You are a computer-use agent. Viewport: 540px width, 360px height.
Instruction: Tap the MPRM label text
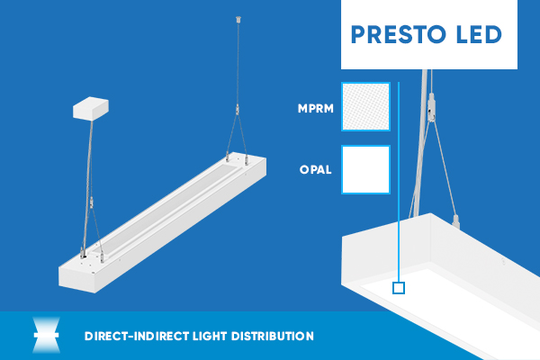(316, 109)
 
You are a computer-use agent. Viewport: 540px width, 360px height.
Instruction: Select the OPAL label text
(316, 169)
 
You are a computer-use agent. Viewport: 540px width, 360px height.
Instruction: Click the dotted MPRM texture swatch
(365, 107)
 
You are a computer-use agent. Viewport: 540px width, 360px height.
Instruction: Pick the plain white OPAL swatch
(365, 170)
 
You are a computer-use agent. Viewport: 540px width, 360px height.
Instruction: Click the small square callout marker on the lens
(399, 288)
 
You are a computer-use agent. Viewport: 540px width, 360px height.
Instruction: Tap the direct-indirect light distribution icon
(46, 335)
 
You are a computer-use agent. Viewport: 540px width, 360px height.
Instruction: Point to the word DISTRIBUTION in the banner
(273, 337)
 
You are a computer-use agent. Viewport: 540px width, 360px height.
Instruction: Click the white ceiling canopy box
(91, 109)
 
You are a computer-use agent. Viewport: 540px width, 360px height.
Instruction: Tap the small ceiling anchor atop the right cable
(238, 19)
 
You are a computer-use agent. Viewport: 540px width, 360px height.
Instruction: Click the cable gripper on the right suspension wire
(237, 110)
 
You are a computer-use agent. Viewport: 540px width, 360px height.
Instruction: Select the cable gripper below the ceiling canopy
(91, 202)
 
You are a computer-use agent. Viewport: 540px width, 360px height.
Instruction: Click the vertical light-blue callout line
(399, 182)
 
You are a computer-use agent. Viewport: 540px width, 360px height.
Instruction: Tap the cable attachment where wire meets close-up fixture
(455, 221)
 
